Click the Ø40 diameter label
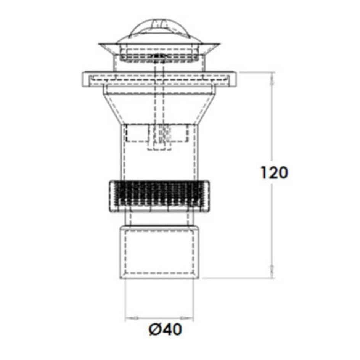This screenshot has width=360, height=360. (x=165, y=329)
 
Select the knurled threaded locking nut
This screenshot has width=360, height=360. (x=159, y=196)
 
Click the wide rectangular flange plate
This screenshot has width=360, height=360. (x=159, y=79)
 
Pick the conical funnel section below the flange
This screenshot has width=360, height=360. (x=159, y=106)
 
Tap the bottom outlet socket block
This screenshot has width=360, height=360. (x=159, y=252)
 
